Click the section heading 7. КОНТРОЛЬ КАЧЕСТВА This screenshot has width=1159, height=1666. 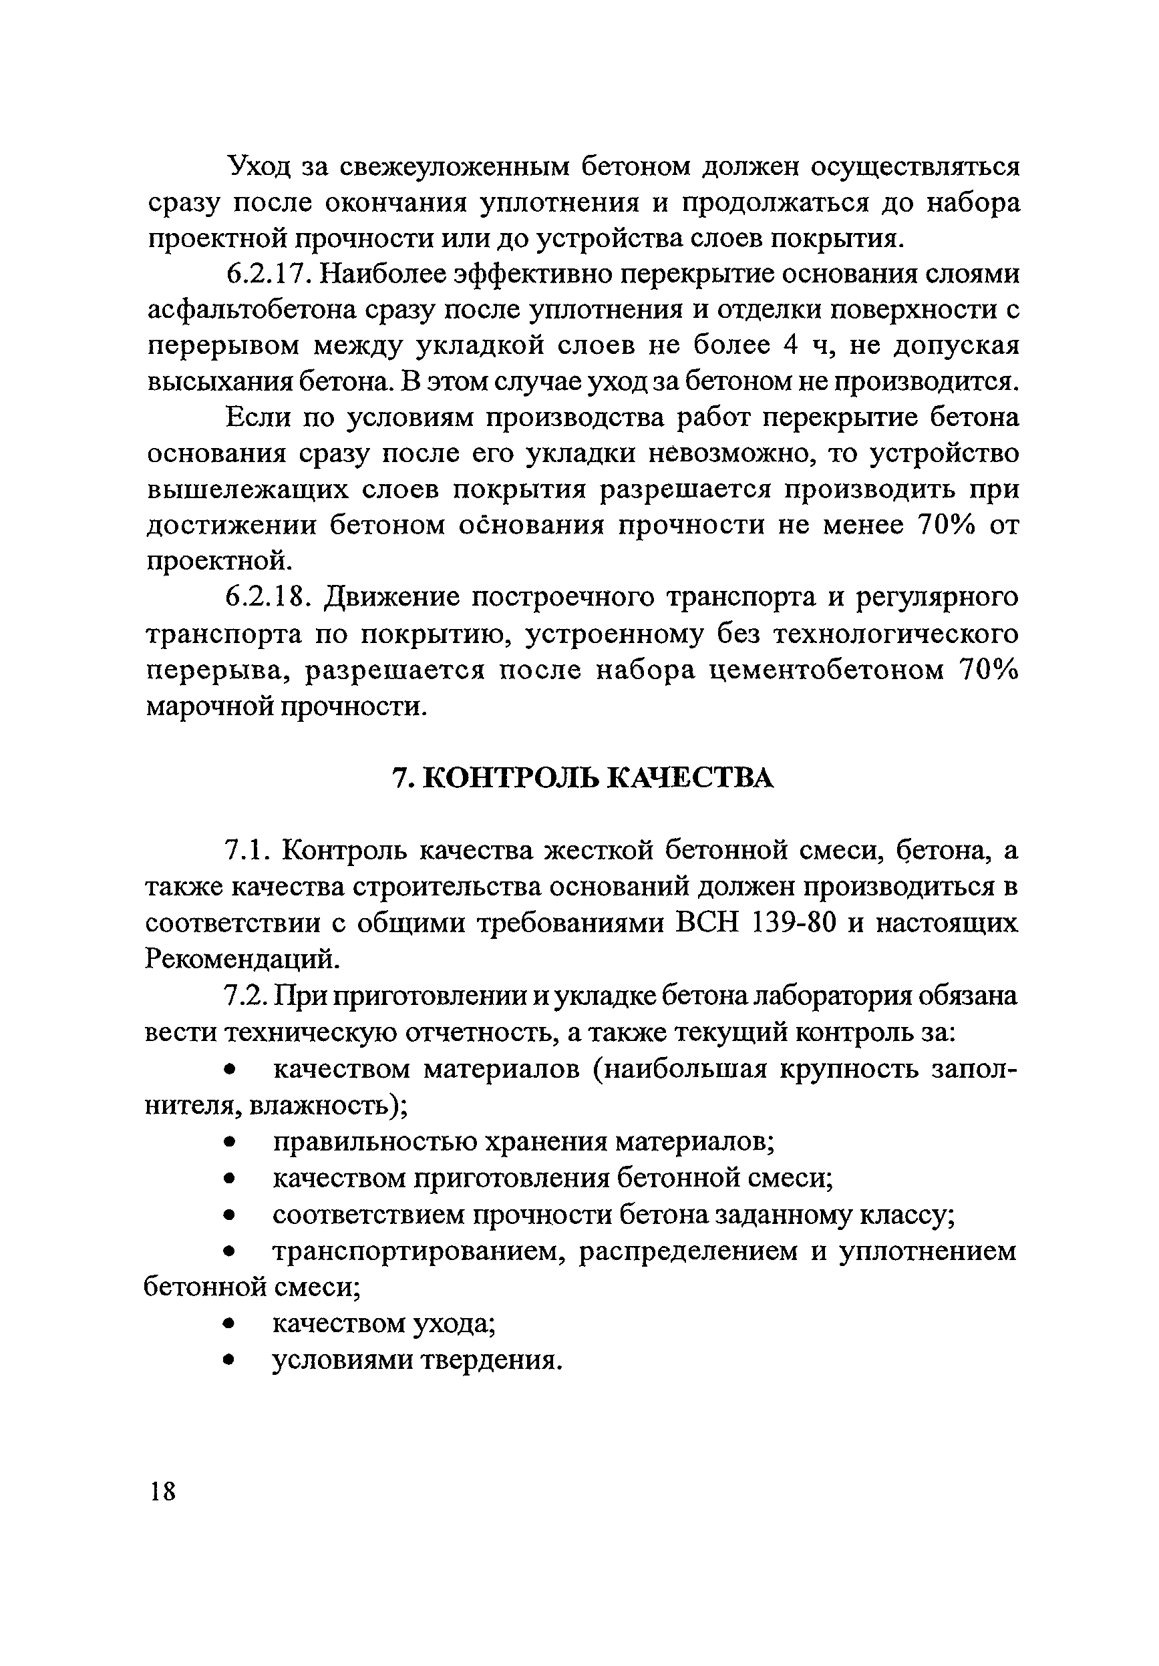tap(582, 778)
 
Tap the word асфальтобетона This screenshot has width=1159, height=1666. tap(251, 310)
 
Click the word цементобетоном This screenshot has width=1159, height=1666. tap(826, 670)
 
